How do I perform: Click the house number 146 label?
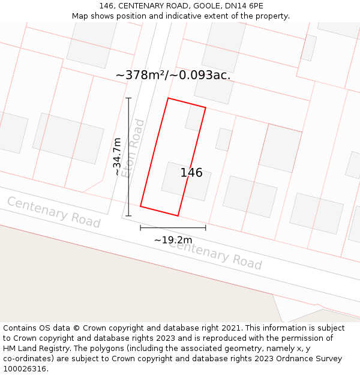point(191,173)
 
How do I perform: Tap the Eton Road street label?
point(133,148)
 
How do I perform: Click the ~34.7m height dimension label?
point(117,157)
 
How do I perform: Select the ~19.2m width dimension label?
point(173,240)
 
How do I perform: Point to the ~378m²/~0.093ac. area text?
point(173,75)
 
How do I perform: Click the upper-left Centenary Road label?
point(54,212)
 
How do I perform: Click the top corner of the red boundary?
point(168,98)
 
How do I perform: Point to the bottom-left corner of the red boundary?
point(140,206)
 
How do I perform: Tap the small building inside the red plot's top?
point(194,118)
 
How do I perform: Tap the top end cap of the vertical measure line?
point(128,98)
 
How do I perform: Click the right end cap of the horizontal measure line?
point(206,227)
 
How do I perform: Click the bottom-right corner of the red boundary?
point(178,215)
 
